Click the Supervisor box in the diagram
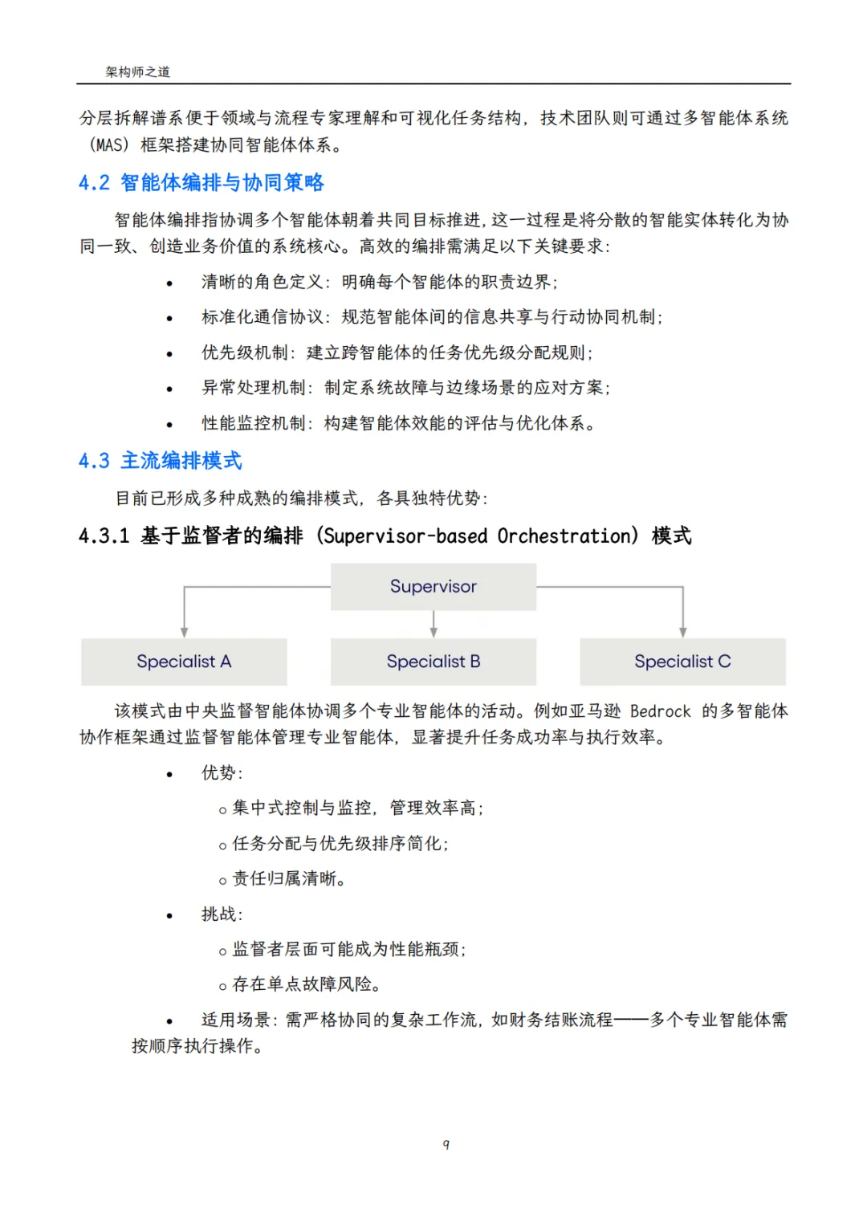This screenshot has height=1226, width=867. [433, 586]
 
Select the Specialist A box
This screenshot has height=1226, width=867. [184, 662]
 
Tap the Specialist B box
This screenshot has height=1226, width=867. [433, 662]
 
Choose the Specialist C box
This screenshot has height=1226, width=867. [682, 662]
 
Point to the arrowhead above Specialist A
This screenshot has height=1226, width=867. [185, 633]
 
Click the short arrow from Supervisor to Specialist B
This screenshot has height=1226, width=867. [433, 624]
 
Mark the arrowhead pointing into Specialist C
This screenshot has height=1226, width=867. [683, 633]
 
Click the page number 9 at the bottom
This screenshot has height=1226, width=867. [446, 1144]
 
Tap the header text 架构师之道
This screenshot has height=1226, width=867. [138, 71]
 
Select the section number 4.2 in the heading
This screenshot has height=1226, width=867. [94, 183]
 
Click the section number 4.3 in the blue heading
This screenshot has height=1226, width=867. [94, 461]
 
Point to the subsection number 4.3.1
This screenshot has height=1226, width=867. [104, 536]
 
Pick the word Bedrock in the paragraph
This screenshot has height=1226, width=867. [660, 711]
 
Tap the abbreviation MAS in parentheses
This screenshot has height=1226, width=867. [111, 145]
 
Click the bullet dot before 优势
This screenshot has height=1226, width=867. [169, 775]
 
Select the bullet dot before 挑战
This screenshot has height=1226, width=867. [169, 916]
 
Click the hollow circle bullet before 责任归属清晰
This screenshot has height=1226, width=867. [222, 881]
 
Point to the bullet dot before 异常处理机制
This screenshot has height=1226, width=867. [169, 389]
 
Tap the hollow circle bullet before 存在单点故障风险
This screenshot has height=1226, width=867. [222, 987]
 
